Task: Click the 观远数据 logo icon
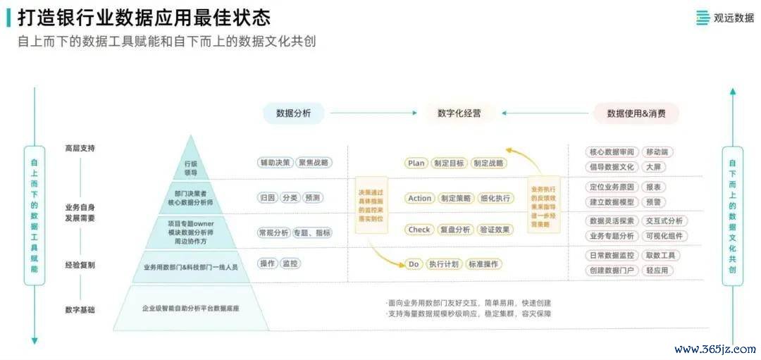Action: click(703, 18)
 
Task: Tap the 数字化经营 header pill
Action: click(459, 113)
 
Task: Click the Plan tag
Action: click(416, 163)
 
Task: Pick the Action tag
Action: click(419, 198)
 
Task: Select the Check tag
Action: click(419, 230)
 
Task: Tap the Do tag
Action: click(414, 264)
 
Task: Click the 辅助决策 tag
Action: click(275, 162)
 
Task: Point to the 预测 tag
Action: click(312, 198)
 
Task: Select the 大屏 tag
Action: click(657, 167)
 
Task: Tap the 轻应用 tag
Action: click(657, 271)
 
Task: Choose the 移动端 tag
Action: click(659, 152)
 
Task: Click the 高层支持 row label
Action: click(80, 149)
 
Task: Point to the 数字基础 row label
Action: click(80, 309)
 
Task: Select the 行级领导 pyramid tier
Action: click(191, 167)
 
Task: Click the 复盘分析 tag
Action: click(455, 230)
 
